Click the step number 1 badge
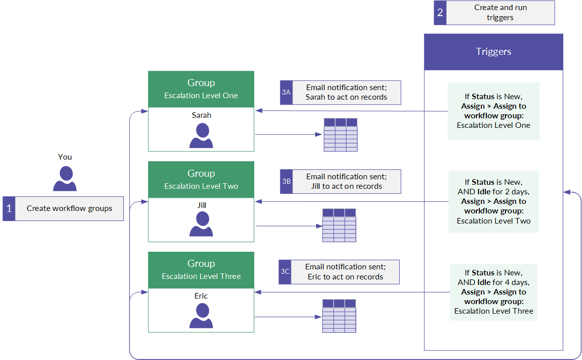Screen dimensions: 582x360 pos(9,208)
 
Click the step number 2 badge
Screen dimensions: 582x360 pos(440,13)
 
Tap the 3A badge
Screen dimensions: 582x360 pos(286,93)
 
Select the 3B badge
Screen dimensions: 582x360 pos(286,181)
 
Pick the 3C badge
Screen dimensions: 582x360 pos(284,272)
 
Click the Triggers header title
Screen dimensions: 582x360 pos(493,51)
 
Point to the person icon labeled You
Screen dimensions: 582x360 pos(65,179)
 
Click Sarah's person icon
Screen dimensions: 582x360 pos(201,135)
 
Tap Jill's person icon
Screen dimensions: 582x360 pos(201,224)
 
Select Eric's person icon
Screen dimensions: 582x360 pos(201,316)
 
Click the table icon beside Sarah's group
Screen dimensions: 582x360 pos(340,135)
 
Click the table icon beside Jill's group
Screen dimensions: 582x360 pos(339,225)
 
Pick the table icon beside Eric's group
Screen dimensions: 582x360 pos(339,316)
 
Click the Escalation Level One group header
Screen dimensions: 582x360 pos(201,89)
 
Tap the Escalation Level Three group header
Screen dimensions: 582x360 pos(201,270)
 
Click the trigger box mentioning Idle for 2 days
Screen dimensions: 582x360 pos(493,201)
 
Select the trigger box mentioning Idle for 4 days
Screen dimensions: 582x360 pos(494,292)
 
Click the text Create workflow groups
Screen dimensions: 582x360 pos(69,208)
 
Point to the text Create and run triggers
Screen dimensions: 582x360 pos(500,13)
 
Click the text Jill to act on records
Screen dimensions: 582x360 pos(347,186)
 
